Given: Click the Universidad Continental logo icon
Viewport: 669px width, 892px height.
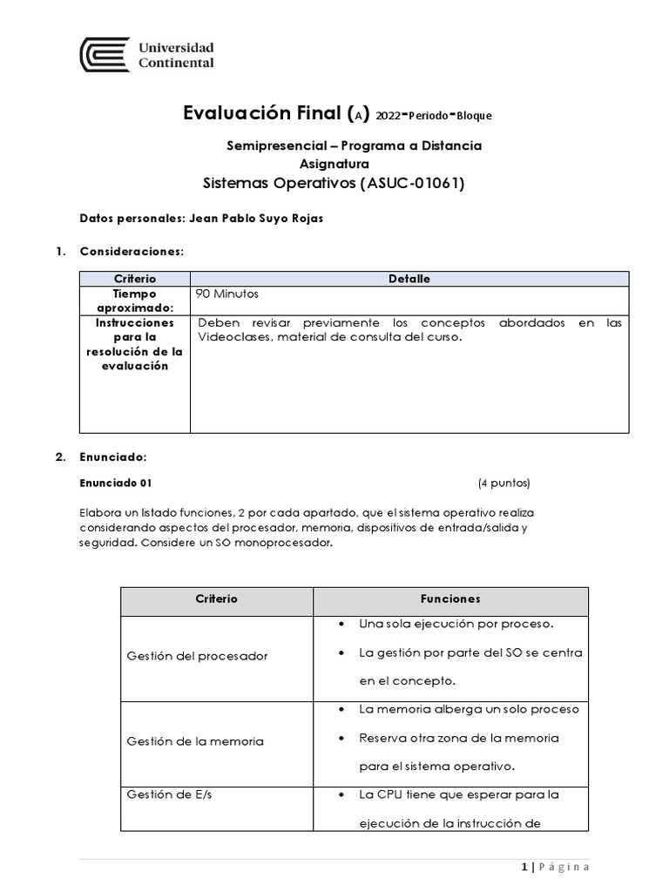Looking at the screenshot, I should [x=103, y=54].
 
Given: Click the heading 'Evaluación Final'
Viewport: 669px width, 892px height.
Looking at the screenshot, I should [x=262, y=113].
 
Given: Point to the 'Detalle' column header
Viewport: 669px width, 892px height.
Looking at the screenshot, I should [x=409, y=279].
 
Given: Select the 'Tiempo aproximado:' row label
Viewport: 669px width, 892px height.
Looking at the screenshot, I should [x=135, y=301].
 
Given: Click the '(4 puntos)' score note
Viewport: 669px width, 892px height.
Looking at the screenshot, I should [x=503, y=483].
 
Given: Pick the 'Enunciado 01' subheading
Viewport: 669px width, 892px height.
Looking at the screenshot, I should [x=116, y=483].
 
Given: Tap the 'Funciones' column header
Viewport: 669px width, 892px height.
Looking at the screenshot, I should [x=450, y=599].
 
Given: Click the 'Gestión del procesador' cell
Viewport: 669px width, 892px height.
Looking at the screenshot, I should [x=197, y=655].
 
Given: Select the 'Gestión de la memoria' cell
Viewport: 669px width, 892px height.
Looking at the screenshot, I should [x=195, y=740].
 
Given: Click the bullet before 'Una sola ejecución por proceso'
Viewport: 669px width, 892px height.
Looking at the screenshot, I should [x=341, y=625].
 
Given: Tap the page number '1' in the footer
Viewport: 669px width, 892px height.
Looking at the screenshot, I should [x=524, y=866].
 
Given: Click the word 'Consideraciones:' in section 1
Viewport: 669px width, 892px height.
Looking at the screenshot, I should [x=132, y=252].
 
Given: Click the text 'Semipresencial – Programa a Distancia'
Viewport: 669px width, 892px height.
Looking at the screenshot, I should [x=354, y=145].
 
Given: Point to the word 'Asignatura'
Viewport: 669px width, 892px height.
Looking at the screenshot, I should [x=334, y=163].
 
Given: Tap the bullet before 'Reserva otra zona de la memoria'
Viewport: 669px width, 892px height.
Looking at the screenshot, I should [x=341, y=738].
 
